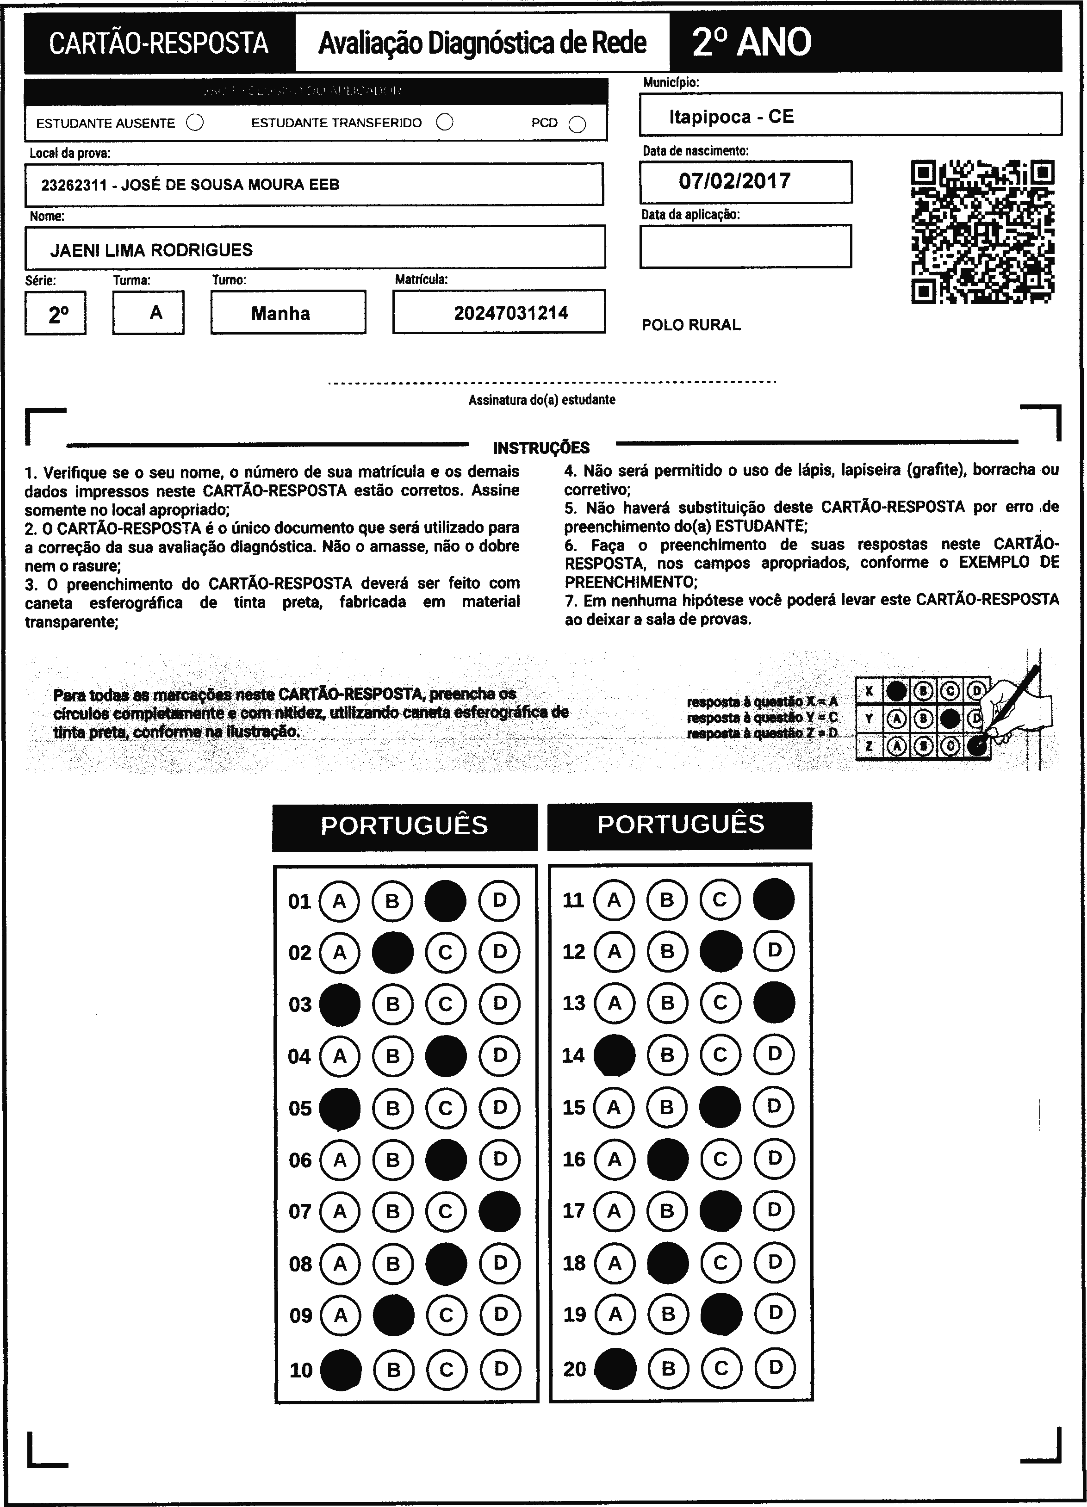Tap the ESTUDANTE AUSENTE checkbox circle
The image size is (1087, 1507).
pyautogui.click(x=195, y=123)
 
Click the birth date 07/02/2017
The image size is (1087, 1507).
pyautogui.click(x=734, y=181)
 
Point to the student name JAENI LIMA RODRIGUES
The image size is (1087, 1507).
pyautogui.click(x=151, y=250)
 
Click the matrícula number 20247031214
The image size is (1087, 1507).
pyautogui.click(x=511, y=313)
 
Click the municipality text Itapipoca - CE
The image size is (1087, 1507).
pyautogui.click(x=731, y=117)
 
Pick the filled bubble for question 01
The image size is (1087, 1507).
pyautogui.click(x=445, y=901)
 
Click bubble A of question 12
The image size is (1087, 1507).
pyautogui.click(x=614, y=951)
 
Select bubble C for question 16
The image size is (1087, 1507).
pyautogui.click(x=720, y=1160)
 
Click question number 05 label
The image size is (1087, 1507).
pyautogui.click(x=300, y=1108)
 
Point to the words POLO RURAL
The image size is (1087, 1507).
pyautogui.click(x=690, y=325)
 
